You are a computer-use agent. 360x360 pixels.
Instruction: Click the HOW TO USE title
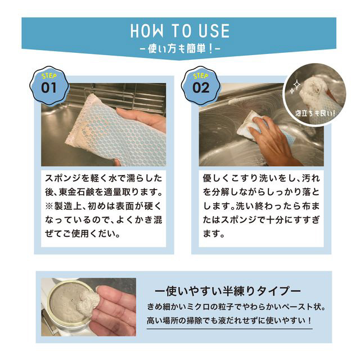tap(180, 31)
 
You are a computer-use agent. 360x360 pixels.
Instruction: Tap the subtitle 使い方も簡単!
tap(180, 49)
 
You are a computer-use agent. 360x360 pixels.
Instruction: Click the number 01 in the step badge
tap(49, 88)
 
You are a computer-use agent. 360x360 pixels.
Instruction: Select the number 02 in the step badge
tap(201, 88)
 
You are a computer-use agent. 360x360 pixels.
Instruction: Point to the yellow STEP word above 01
tap(49, 75)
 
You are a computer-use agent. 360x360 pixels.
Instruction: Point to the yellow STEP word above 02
tap(201, 75)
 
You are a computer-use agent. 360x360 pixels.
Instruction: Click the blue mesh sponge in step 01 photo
tap(115, 131)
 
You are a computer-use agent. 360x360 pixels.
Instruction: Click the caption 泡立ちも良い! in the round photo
tap(315, 113)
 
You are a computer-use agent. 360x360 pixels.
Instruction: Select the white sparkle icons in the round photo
tap(295, 87)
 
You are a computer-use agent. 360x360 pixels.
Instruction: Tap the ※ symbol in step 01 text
tap(49, 206)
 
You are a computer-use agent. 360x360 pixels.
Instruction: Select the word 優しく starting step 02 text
tap(216, 178)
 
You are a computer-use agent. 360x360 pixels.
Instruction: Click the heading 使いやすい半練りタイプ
tap(228, 291)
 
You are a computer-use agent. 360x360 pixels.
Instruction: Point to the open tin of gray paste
tap(69, 304)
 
